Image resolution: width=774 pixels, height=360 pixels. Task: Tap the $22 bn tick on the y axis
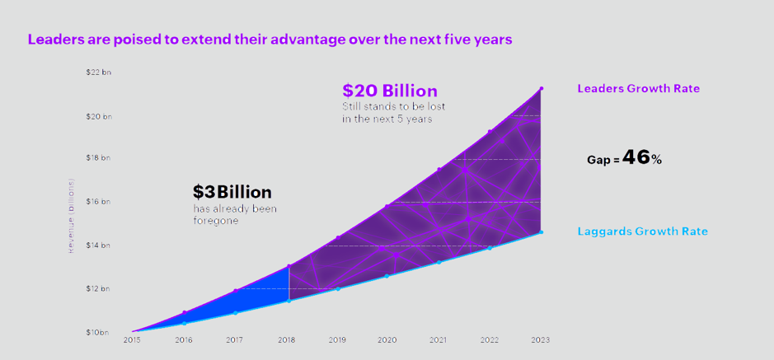98,72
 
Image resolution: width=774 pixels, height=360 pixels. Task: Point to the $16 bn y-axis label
98,201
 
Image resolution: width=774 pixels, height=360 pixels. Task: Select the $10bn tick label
97,332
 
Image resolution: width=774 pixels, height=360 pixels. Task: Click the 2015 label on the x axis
132,339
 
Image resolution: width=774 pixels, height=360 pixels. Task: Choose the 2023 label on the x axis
541,339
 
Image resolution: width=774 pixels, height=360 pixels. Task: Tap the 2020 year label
387,339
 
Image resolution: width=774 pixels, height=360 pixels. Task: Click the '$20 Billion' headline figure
390,91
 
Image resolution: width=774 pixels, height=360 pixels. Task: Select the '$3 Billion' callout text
232,192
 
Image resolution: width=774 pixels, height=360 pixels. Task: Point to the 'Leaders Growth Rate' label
639,88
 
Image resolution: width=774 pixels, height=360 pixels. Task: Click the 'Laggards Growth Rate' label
642,231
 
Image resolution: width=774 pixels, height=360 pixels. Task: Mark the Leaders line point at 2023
541,88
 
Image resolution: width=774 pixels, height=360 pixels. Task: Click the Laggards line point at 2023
541,232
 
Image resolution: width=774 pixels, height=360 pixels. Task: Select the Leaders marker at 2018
288,266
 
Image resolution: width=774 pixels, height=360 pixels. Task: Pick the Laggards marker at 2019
338,288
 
